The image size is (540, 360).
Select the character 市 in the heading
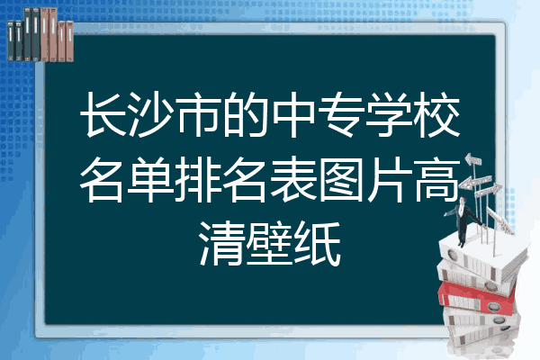[x=198, y=114]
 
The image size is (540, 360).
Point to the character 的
[x=246, y=114]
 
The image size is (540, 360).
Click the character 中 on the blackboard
[x=293, y=114]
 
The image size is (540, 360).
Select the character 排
[x=198, y=179]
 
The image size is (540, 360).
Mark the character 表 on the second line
[x=293, y=179]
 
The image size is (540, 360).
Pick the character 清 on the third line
[x=221, y=243]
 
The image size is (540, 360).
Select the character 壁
[x=270, y=243]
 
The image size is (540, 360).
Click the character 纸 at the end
[x=318, y=243]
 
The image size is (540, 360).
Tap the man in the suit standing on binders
[x=463, y=220]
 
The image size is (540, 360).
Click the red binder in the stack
[x=476, y=298]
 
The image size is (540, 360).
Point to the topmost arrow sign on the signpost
[x=473, y=160]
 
